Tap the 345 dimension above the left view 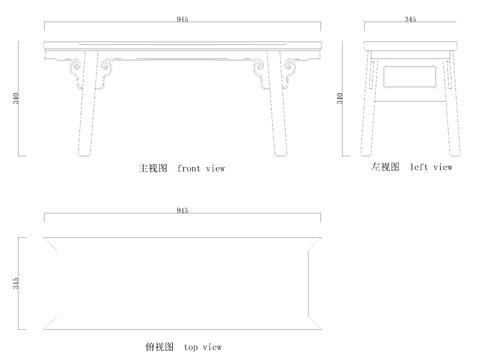point(411,18)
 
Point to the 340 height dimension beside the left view point(341,97)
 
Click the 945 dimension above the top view point(182,211)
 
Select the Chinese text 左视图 point(385,167)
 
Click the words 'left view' point(431,167)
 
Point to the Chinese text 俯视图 point(158,347)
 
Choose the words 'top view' point(203,347)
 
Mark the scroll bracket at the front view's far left point(72,71)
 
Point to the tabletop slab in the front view point(182,45)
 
